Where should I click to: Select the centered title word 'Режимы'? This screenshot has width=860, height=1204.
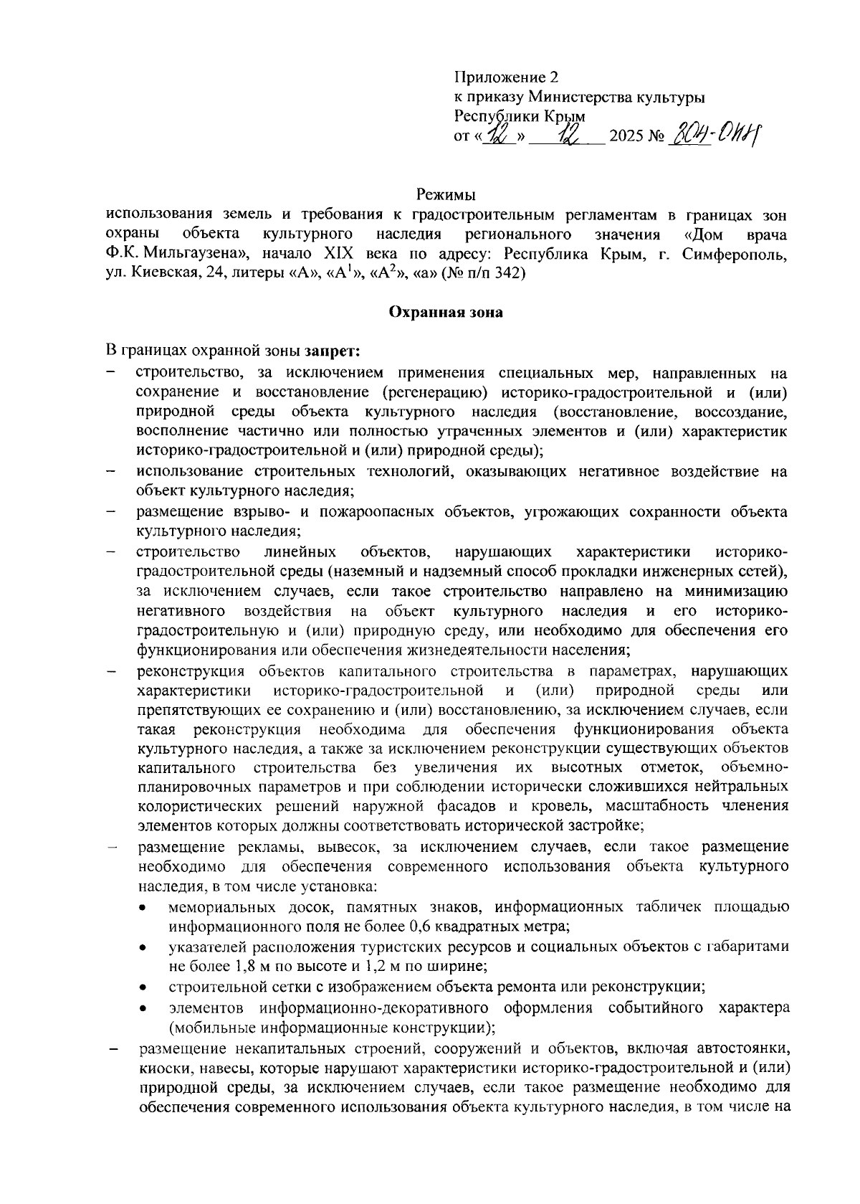point(446,194)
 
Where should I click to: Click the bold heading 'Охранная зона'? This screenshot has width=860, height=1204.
point(446,312)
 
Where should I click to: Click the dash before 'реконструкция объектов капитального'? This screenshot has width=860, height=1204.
point(112,672)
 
